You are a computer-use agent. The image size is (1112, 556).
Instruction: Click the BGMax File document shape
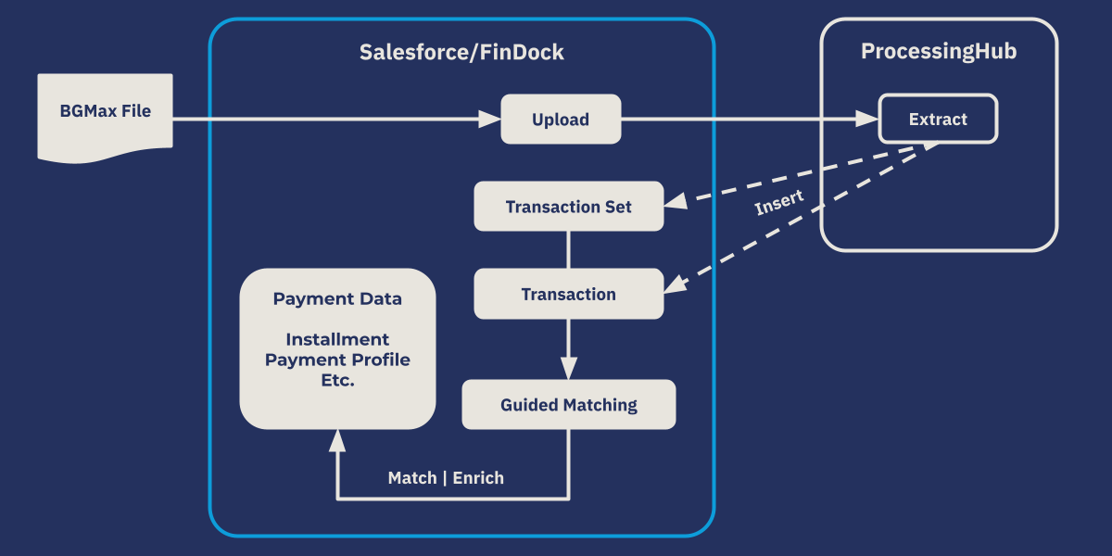[105, 117]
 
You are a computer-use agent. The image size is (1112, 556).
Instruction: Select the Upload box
[561, 120]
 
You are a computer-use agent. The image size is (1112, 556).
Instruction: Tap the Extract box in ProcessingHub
[938, 120]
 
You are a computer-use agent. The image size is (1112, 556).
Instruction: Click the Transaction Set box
[568, 207]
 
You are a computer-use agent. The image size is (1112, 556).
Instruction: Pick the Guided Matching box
[568, 405]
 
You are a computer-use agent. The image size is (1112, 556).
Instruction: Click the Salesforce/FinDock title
[461, 52]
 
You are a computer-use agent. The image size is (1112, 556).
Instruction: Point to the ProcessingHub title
[939, 52]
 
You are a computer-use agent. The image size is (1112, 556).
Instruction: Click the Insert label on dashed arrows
[778, 203]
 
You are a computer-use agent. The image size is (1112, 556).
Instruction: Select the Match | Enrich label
[446, 478]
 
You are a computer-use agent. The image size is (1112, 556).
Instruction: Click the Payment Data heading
[337, 299]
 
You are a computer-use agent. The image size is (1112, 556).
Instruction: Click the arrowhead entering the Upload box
[489, 120]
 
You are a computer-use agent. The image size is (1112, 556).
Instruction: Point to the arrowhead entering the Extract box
[867, 120]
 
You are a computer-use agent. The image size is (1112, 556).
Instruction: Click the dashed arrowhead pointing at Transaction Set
[676, 201]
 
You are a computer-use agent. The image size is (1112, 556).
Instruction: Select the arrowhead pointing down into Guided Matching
[568, 368]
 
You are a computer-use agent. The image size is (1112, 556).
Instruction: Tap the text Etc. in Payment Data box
[337, 380]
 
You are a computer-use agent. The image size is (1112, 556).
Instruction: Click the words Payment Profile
[337, 360]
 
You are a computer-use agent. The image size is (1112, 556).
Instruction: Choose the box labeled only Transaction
[568, 295]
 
